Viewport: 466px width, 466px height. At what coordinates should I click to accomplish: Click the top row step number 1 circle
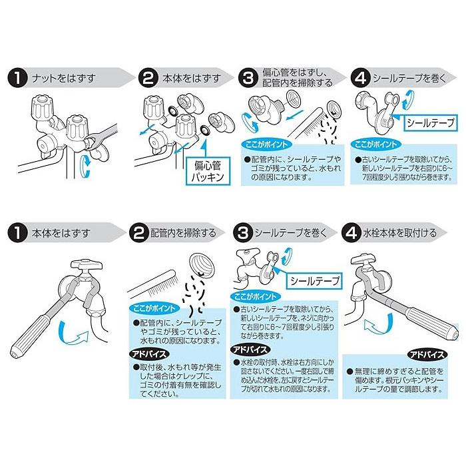tap(17, 78)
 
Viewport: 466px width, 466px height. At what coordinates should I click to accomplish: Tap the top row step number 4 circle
tap(361, 78)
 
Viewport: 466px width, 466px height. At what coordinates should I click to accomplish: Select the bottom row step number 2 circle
tap(138, 233)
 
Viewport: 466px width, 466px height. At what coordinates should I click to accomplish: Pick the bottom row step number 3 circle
tap(243, 233)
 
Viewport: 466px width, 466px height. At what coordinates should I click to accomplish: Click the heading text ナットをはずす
tap(64, 78)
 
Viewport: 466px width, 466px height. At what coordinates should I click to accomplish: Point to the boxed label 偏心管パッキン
tap(208, 171)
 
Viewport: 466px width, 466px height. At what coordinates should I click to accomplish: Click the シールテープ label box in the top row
tap(431, 122)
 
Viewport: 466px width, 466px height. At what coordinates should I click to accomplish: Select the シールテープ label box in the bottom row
tap(314, 281)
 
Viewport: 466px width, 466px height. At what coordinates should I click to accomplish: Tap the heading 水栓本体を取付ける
tap(399, 233)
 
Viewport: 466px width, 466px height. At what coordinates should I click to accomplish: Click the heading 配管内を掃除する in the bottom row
tap(183, 233)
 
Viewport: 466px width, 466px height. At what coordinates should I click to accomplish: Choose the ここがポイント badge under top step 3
tap(266, 144)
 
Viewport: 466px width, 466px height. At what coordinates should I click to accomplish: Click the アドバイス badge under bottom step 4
tap(427, 354)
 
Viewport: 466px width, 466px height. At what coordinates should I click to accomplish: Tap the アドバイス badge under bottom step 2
tap(149, 353)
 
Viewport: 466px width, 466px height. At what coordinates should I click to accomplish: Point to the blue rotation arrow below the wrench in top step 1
tap(85, 166)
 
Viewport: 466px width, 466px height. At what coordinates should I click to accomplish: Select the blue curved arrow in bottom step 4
tap(378, 325)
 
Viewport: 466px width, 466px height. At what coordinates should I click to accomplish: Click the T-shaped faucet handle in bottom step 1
tap(87, 264)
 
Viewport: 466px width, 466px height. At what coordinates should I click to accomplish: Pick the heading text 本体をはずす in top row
tap(192, 78)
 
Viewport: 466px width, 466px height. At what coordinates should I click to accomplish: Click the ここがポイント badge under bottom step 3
tap(255, 296)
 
